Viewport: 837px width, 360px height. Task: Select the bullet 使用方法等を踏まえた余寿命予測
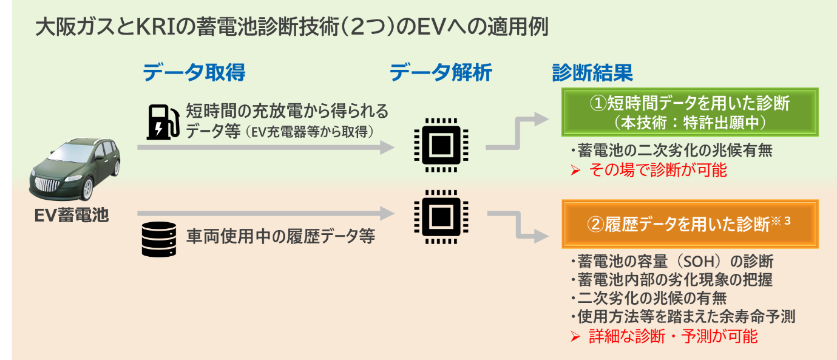682,316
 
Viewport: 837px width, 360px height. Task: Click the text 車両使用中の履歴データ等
280,236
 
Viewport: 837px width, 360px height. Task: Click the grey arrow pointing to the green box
519,132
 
